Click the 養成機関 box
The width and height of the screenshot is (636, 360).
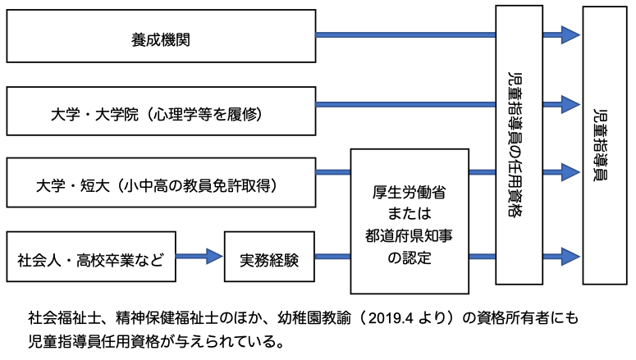[161, 36]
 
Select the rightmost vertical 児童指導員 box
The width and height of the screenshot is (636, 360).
[604, 144]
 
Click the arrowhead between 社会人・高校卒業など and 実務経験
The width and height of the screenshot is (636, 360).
[215, 257]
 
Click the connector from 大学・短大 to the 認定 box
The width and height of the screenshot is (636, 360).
[333, 172]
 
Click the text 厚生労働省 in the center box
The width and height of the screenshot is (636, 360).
[410, 194]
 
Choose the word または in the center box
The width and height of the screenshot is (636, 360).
[410, 216]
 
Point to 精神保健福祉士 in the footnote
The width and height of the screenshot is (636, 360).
[162, 316]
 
